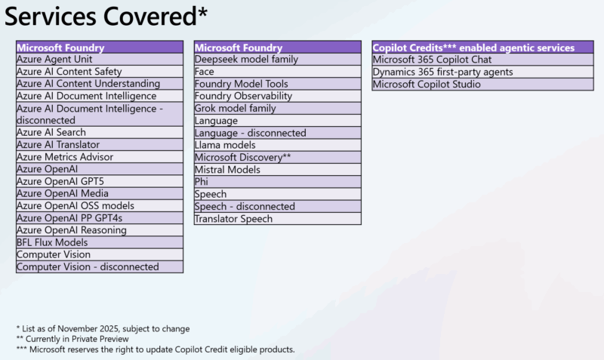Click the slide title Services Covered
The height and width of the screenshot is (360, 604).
106,16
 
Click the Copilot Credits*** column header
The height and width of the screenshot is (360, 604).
473,47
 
